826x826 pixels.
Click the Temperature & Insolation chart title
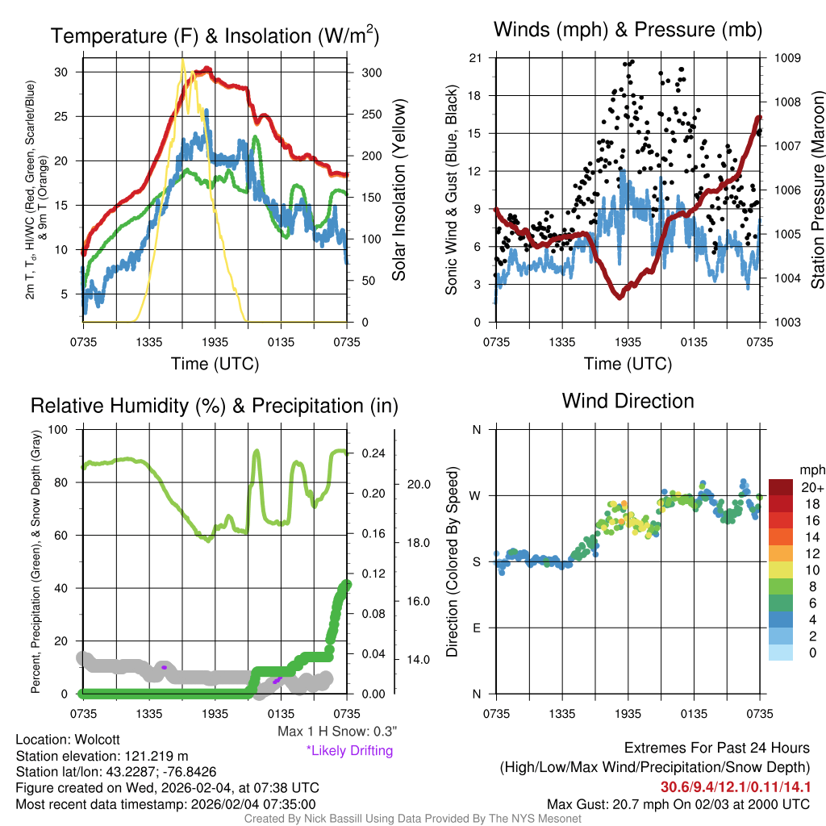(x=215, y=35)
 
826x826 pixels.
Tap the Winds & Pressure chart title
(x=628, y=30)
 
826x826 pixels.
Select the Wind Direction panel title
(x=628, y=401)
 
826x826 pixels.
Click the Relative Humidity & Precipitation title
(x=214, y=405)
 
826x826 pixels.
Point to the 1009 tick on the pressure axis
(x=786, y=58)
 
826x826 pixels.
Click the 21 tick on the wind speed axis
(x=475, y=58)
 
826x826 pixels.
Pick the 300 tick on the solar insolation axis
(x=370, y=73)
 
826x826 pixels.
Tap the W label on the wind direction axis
(x=476, y=495)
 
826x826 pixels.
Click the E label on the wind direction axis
(x=476, y=628)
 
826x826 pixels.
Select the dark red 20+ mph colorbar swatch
(x=780, y=487)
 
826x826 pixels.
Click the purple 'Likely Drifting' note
(x=349, y=750)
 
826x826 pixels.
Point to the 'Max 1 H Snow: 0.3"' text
(x=336, y=732)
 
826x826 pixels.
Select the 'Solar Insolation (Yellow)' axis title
(x=399, y=190)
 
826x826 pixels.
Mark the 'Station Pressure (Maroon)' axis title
(x=816, y=190)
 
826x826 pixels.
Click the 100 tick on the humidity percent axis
(x=62, y=429)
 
